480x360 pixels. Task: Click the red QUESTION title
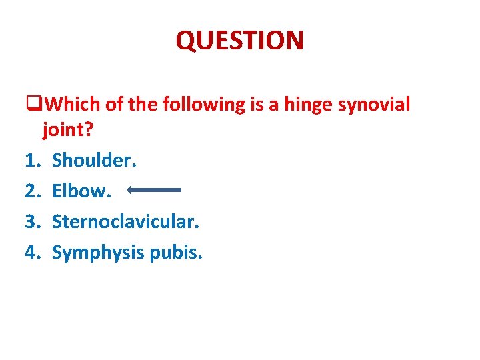click(x=239, y=41)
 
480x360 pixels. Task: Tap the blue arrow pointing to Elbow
click(x=154, y=190)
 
